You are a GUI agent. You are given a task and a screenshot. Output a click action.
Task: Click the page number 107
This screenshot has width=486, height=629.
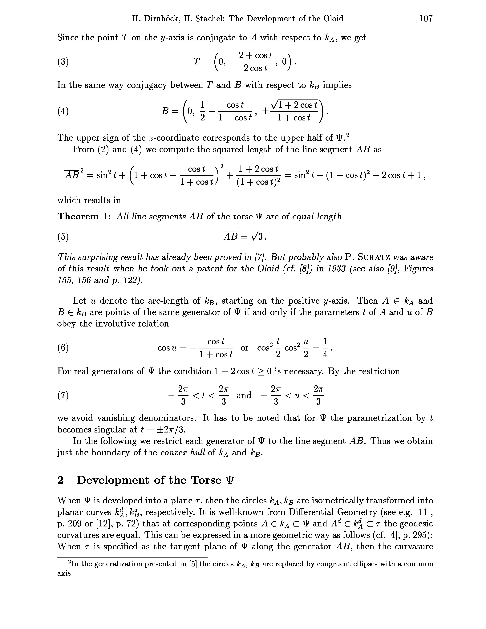[x=426, y=18]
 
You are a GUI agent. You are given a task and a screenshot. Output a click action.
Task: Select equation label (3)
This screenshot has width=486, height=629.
[x=63, y=62]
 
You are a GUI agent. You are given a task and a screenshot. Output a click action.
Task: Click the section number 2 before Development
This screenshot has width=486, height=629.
[x=60, y=480]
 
